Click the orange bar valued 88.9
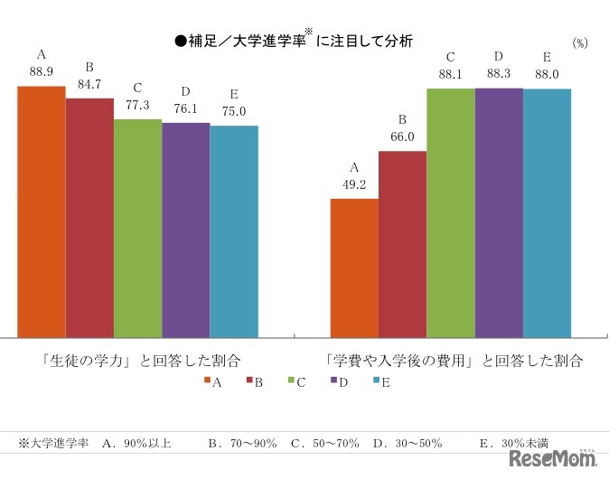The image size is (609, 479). [x=42, y=211]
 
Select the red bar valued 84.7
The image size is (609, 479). [x=89, y=217]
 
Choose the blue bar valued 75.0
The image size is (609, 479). [x=234, y=231]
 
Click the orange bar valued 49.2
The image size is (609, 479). [x=354, y=268]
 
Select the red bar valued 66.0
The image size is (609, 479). [x=402, y=244]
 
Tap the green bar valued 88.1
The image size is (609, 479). [x=451, y=212]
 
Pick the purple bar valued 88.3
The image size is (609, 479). [x=499, y=212]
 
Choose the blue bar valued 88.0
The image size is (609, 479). [x=547, y=212]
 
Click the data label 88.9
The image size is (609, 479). [x=42, y=70]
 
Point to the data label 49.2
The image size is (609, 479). [x=354, y=183]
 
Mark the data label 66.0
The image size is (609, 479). [x=402, y=136]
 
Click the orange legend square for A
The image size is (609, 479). [x=208, y=382]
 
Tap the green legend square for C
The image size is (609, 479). [x=291, y=382]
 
